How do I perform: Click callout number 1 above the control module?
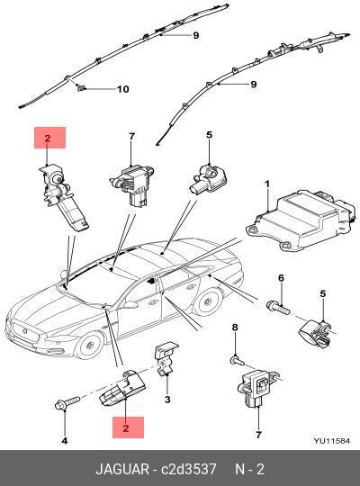tap(267, 184)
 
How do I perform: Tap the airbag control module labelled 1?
tap(301, 220)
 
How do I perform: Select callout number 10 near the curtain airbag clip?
tap(122, 89)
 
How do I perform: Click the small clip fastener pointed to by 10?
tap(80, 88)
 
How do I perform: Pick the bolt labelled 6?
tap(278, 307)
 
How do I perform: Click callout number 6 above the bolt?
tap(281, 278)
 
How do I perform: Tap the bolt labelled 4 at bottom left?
tap(67, 402)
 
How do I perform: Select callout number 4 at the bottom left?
tap(65, 440)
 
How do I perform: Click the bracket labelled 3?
tap(166, 358)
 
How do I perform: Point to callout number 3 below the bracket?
tap(167, 400)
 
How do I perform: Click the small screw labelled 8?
tap(238, 360)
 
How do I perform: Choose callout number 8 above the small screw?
tap(235, 328)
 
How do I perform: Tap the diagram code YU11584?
tap(331, 441)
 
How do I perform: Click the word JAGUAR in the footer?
tap(122, 469)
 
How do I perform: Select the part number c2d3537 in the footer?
tap(188, 469)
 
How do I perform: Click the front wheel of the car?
tap(89, 345)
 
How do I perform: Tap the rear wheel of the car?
tap(207, 301)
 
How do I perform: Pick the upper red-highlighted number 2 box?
tap(49, 138)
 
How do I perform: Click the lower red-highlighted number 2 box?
tap(128, 427)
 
